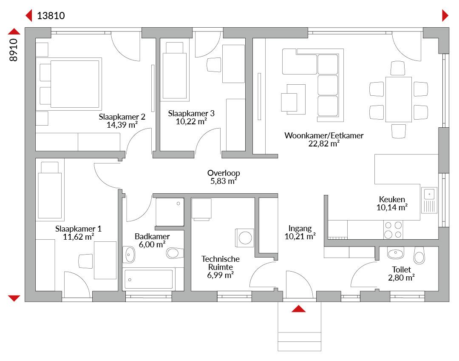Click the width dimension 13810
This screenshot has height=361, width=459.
(51, 16)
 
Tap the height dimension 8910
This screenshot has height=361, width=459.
(14, 50)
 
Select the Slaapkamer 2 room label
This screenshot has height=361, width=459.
(122, 117)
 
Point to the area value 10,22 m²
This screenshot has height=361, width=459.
(191, 121)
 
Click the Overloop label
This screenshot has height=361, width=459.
(224, 173)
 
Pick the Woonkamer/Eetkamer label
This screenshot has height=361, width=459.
(324, 135)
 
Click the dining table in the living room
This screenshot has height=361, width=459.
(399, 99)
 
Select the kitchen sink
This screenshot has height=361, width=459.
(429, 200)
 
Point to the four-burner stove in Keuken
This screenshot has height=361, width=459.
(393, 230)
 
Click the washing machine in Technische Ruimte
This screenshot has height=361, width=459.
(245, 238)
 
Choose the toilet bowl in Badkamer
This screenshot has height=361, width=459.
(175, 253)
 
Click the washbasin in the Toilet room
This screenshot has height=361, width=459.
(396, 253)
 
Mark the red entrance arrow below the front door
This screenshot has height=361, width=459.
(299, 309)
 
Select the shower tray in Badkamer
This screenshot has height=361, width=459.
(170, 212)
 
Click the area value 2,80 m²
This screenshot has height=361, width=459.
(401, 278)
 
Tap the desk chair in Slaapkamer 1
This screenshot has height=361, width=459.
(85, 261)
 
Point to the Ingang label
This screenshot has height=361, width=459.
(300, 229)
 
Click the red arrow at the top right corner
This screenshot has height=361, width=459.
(445, 16)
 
